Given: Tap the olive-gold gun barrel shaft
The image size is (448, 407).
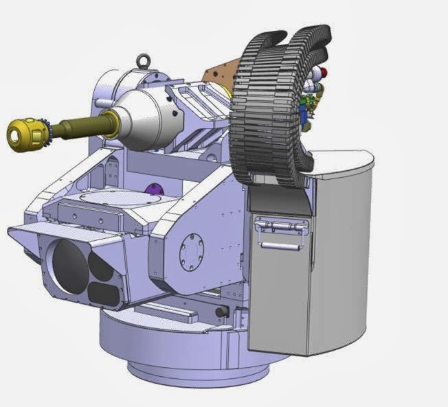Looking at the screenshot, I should click(x=79, y=126).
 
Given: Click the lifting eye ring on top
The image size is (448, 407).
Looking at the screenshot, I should click(x=144, y=60).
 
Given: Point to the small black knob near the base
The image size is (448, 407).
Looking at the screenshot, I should click(x=221, y=312).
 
